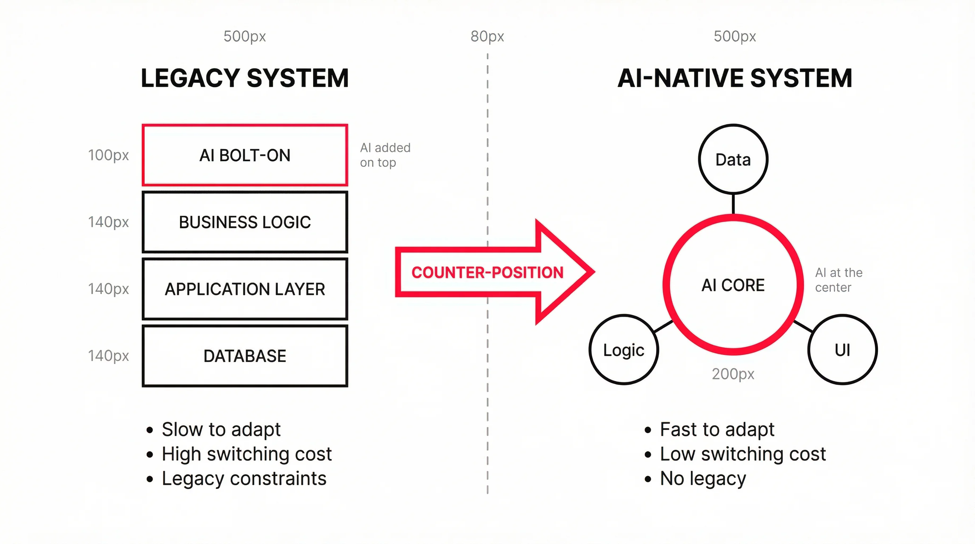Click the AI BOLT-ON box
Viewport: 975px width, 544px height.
[245, 155]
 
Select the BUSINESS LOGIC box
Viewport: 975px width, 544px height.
[245, 222]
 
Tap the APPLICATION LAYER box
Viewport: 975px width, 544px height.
[245, 289]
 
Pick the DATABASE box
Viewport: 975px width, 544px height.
[245, 356]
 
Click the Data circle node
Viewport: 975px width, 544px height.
[733, 160]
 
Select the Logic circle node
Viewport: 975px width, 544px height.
[624, 350]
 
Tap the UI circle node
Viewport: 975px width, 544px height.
[842, 350]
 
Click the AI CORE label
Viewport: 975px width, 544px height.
[733, 285]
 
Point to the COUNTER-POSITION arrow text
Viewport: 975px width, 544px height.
[487, 272]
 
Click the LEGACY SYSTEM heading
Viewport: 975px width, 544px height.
[245, 78]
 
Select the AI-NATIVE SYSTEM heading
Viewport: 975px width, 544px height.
[735, 78]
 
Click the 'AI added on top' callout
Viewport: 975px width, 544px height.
[385, 155]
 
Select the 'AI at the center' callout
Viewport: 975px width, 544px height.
[839, 280]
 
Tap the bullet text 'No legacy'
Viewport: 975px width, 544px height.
[703, 478]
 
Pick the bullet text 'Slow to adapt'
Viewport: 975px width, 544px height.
[221, 429]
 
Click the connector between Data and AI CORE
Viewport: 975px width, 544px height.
[733, 204]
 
